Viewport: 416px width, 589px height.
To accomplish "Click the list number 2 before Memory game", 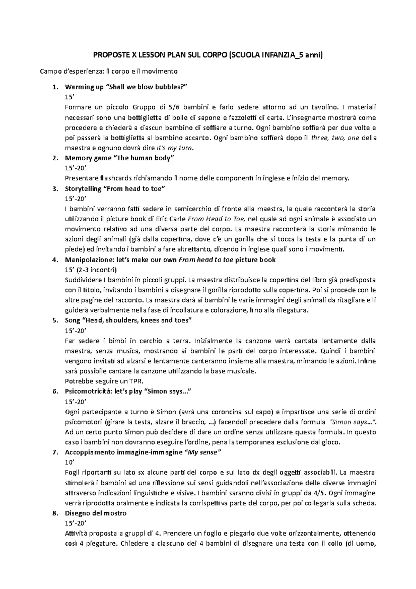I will (x=54, y=158).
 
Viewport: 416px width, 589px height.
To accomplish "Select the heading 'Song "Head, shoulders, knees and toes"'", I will (x=128, y=320).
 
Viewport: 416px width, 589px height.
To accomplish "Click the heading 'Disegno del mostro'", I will (x=96, y=513).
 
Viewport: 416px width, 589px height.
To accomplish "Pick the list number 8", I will (x=54, y=513).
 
